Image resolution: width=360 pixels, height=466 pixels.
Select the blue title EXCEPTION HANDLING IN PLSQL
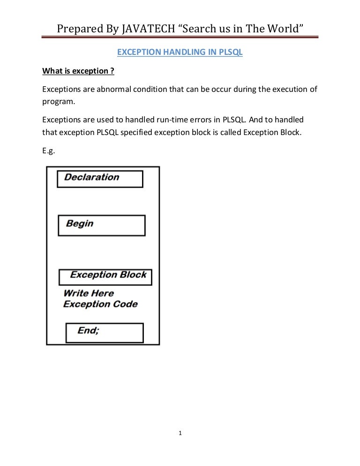pos(180,53)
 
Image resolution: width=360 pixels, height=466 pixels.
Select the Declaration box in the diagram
pos(99,179)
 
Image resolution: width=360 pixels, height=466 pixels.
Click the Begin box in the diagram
pos(101,225)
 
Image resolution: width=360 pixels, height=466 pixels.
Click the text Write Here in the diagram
pos(88,293)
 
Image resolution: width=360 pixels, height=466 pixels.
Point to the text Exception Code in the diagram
pos(100,304)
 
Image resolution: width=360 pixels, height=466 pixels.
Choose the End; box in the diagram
pos(105,332)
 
